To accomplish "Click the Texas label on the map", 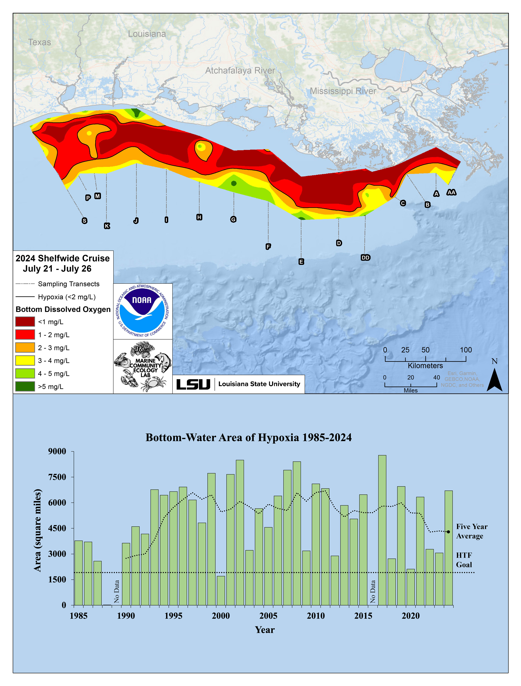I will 39,42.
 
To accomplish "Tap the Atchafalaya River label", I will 240,71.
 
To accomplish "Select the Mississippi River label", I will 343,91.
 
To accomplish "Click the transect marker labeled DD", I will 365,257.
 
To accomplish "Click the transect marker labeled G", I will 233,219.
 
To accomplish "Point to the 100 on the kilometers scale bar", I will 466,350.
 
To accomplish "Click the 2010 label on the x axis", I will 316,616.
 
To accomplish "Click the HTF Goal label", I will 464,560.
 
